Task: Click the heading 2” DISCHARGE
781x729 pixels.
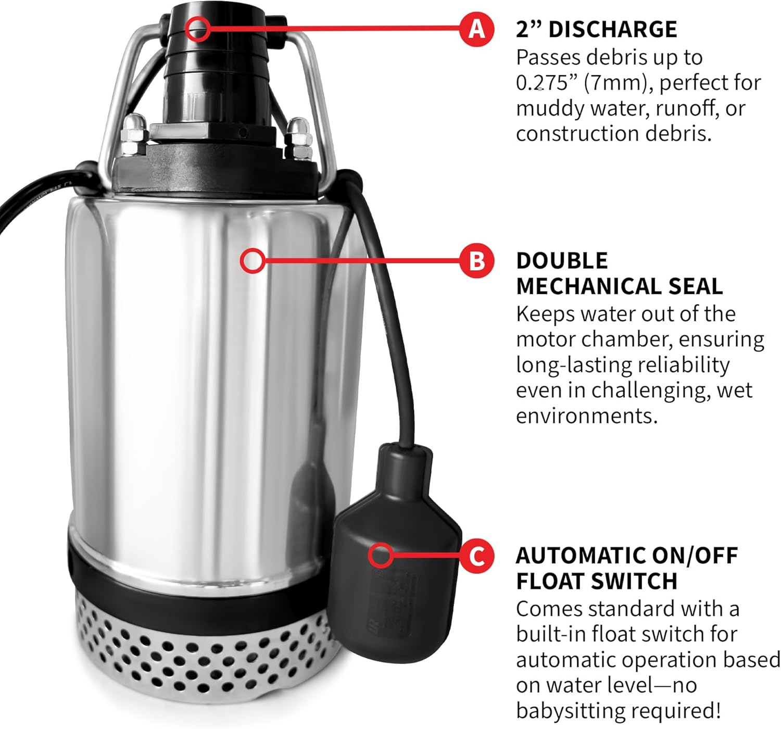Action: pyautogui.click(x=596, y=29)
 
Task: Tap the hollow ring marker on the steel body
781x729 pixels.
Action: pyautogui.click(x=253, y=260)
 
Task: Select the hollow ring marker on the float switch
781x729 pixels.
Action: pyautogui.click(x=381, y=555)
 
